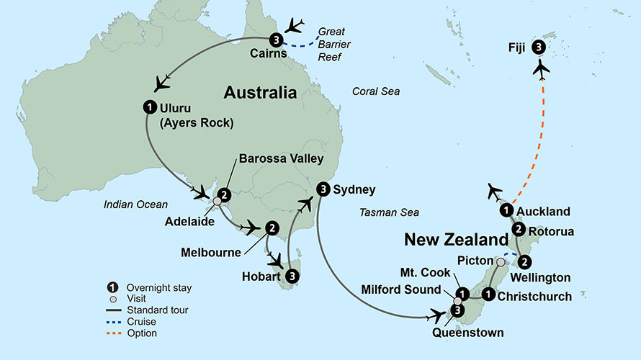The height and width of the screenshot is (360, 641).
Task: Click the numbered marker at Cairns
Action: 276,39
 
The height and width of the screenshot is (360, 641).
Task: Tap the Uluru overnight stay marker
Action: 149,107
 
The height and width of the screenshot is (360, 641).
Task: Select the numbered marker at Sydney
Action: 323,190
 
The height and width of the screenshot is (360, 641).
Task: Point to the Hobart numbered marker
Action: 292,275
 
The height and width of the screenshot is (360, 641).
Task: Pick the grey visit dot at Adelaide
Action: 218,202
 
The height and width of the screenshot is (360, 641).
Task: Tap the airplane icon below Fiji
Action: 542,71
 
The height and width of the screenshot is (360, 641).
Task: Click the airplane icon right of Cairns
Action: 295,25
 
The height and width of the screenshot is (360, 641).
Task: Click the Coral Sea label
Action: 375,91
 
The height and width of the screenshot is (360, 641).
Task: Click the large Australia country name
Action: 260,92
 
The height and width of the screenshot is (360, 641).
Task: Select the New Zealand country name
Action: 456,239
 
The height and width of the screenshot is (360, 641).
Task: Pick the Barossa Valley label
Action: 281,158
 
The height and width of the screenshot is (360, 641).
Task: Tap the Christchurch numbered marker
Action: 488,294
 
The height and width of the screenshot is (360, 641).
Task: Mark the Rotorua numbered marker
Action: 519,230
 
